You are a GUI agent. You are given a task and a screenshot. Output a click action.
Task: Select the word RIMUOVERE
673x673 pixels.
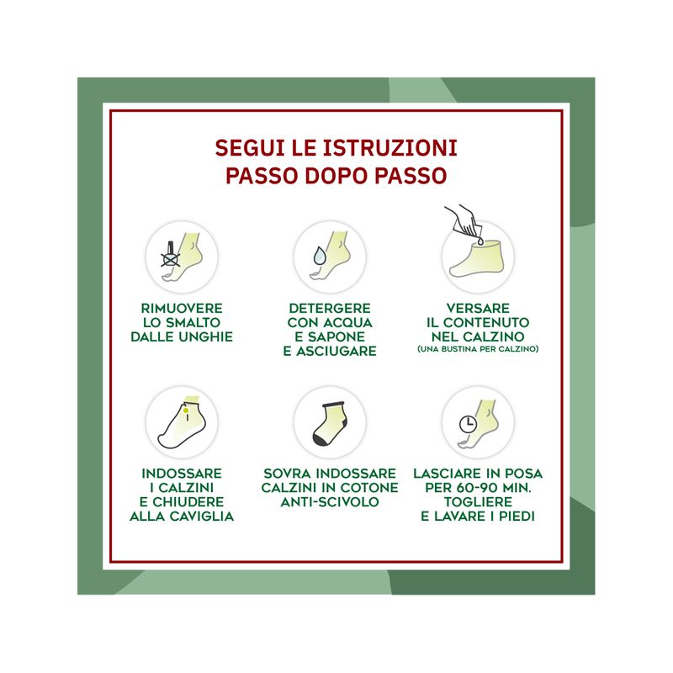(x=182, y=308)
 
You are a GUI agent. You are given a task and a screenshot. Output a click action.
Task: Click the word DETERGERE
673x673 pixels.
(x=330, y=308)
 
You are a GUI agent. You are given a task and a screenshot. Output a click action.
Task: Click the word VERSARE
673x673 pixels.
(x=478, y=308)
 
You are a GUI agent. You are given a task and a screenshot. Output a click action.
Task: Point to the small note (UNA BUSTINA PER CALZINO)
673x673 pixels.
(x=478, y=349)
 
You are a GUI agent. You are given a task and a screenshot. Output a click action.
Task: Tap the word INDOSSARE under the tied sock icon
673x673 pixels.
(x=182, y=474)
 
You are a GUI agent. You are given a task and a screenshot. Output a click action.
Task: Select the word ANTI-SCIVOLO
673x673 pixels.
(x=330, y=502)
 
